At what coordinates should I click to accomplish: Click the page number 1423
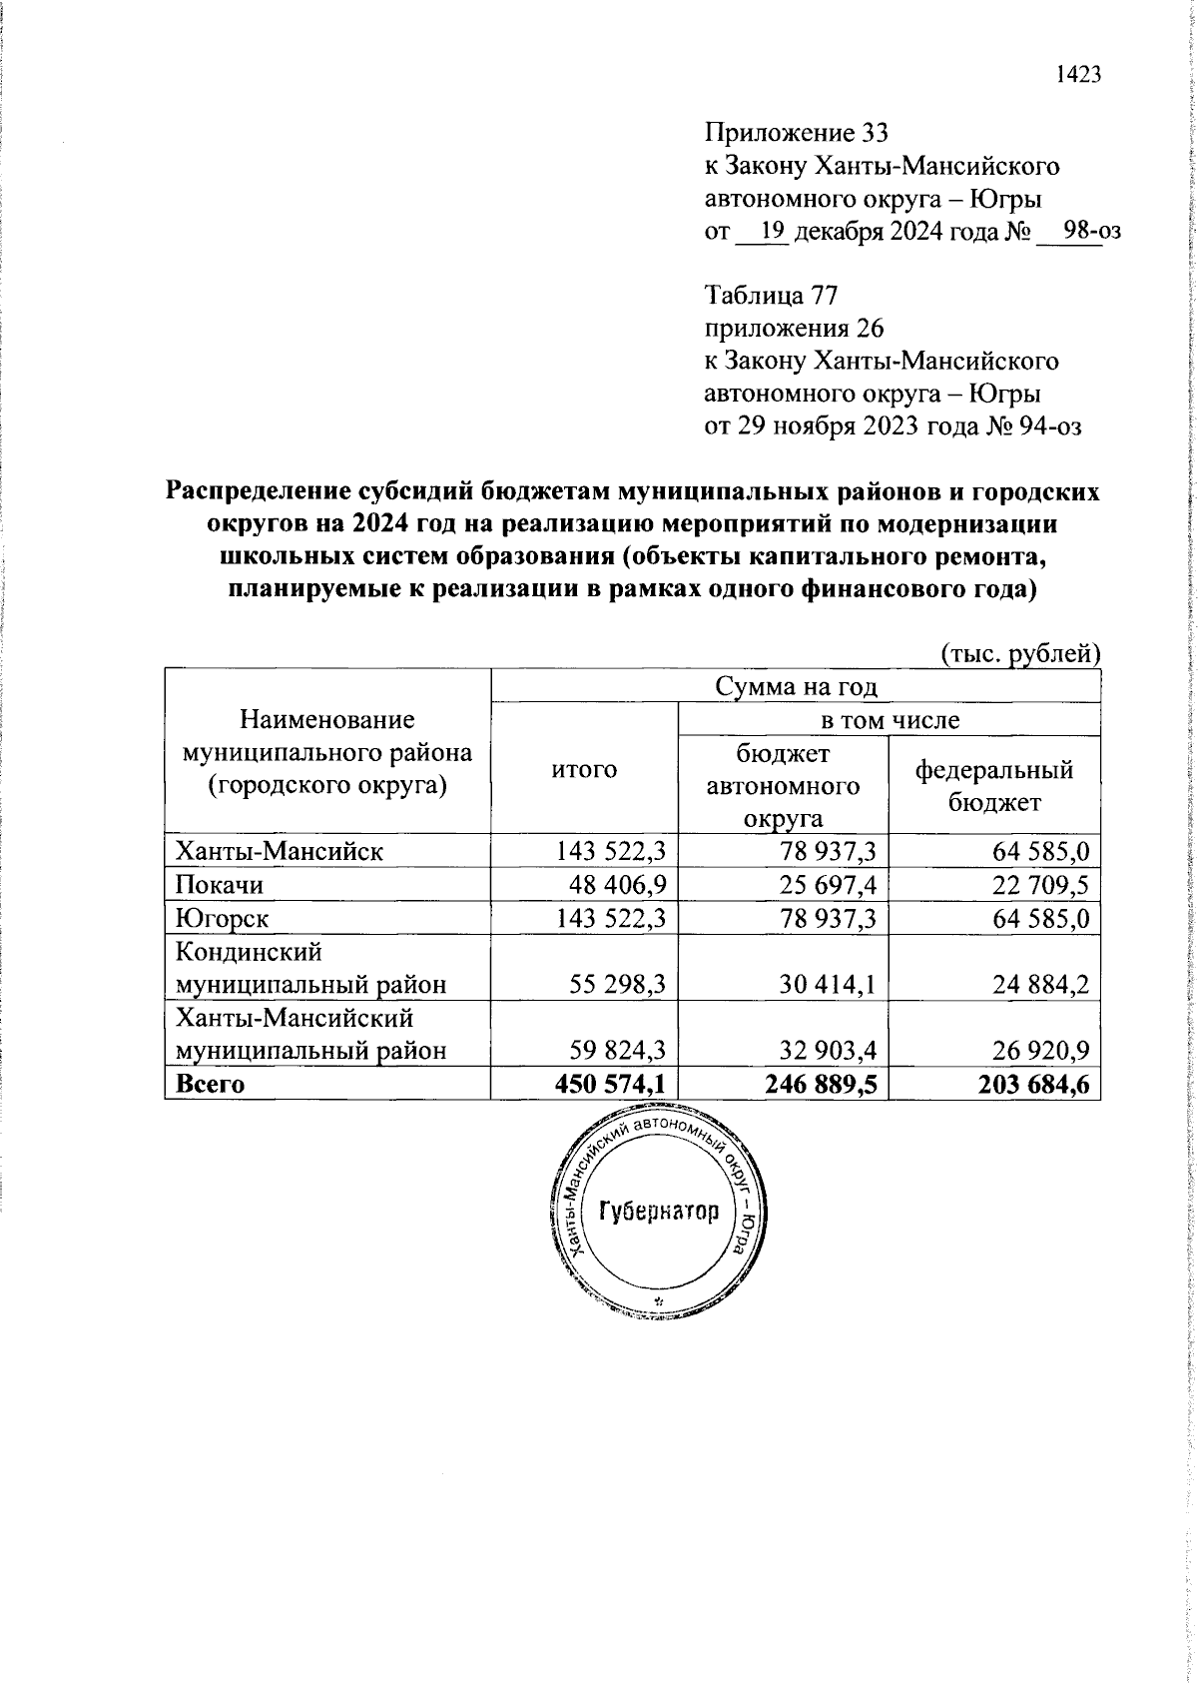click(1077, 75)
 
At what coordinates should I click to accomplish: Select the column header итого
click(584, 768)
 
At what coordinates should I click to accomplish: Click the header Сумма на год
click(795, 687)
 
